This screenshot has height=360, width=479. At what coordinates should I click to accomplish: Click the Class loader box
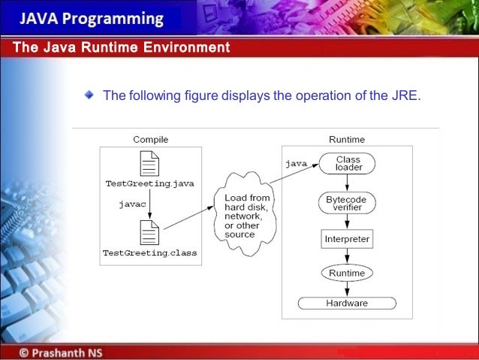click(348, 163)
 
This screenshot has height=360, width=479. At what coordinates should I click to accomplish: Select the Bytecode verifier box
click(346, 203)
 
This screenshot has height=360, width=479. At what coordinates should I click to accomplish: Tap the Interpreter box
click(346, 239)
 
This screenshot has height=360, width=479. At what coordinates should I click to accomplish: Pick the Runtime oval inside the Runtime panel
click(346, 273)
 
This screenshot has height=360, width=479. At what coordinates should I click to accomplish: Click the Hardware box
click(346, 303)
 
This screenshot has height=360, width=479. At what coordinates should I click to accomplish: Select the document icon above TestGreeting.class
click(150, 233)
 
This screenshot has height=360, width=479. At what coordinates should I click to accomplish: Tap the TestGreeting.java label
click(150, 183)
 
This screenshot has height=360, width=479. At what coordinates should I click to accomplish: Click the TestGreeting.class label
click(150, 253)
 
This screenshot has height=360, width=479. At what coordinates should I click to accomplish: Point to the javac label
click(132, 204)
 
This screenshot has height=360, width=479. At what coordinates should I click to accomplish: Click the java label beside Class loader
click(295, 162)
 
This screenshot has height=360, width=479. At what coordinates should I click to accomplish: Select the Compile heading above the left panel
click(150, 139)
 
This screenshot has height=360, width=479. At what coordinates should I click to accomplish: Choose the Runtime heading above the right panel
click(346, 139)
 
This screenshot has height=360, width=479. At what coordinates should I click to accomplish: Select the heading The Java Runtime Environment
click(121, 48)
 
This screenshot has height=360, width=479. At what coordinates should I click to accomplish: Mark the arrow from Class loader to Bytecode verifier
click(346, 183)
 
